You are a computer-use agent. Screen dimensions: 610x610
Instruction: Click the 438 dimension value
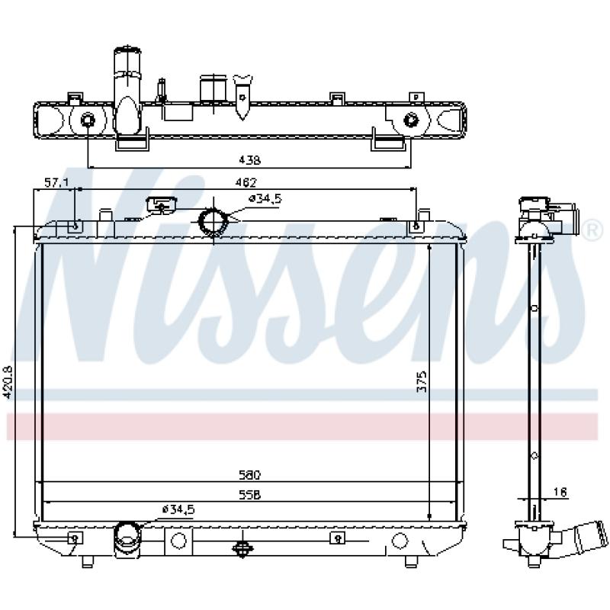coord(249,160)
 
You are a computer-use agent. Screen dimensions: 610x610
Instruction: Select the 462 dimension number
coord(247,182)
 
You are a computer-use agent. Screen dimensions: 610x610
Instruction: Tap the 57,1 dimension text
coord(56,182)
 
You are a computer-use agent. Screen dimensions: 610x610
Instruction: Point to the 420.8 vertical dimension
coord(8,382)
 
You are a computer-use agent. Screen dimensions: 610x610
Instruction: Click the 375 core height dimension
coord(422,381)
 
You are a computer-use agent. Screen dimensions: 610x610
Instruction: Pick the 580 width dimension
coord(249,475)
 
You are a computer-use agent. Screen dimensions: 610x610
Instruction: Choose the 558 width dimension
coord(249,495)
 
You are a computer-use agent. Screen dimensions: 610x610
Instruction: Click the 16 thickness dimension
coord(560,492)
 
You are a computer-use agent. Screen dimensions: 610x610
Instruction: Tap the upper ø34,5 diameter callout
coord(265,199)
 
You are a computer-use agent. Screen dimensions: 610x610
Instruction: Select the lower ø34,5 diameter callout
coord(178,509)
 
